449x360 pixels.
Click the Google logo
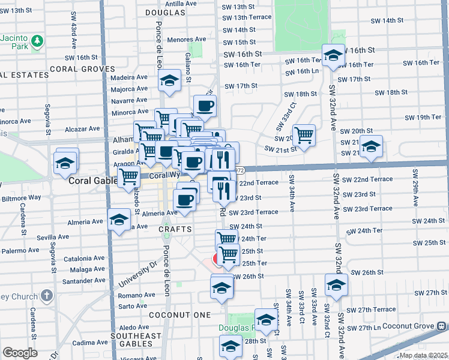(20, 353)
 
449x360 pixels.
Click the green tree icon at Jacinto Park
(37, 41)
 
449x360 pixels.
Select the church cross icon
(47, 296)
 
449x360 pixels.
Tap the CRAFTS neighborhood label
(175, 229)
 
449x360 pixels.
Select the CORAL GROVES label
(82, 69)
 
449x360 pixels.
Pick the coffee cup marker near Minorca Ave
(205, 106)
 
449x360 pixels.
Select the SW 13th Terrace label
(247, 17)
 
